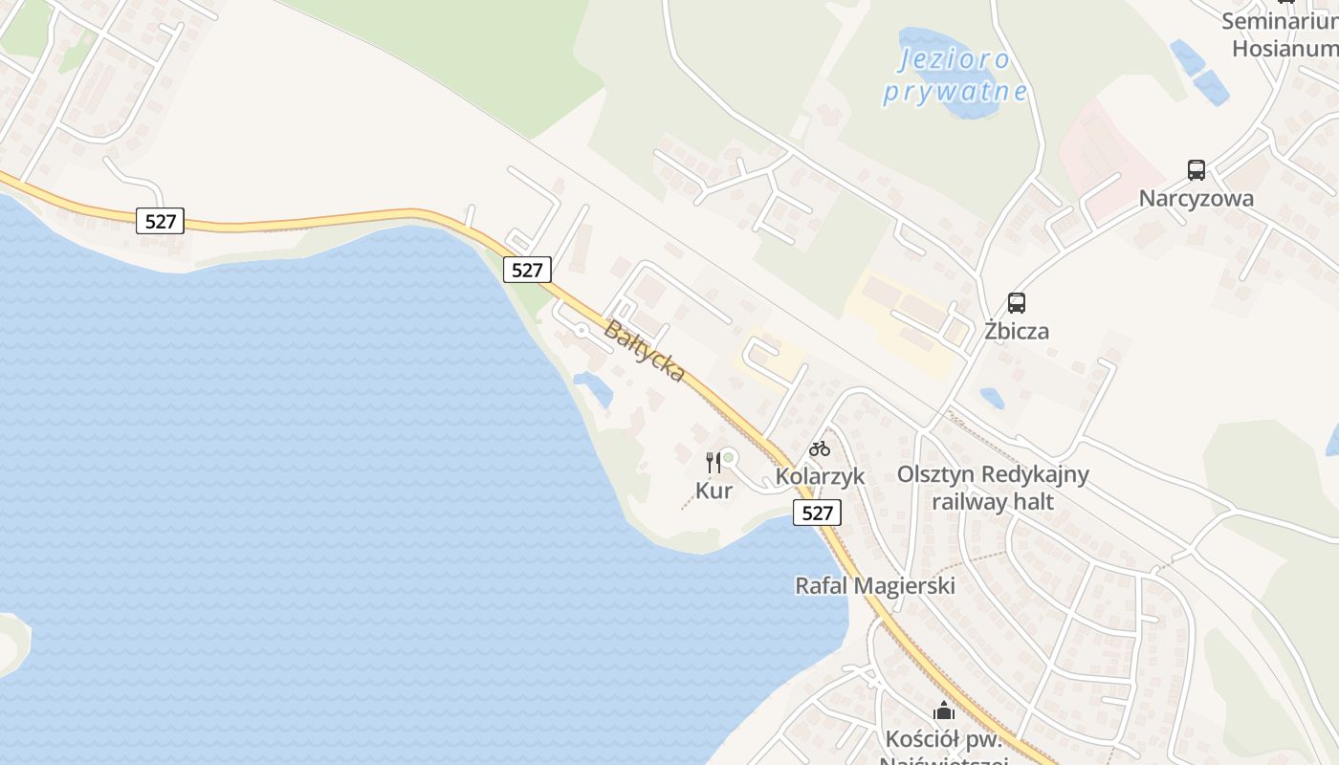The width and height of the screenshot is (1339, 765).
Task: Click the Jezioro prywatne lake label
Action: tap(955, 76)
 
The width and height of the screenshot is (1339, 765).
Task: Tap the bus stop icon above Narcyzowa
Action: tap(1196, 170)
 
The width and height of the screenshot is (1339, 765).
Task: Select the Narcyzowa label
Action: tap(1196, 199)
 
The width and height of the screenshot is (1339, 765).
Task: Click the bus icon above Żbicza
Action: tap(1017, 303)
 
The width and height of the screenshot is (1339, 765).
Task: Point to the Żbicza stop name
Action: tap(1017, 331)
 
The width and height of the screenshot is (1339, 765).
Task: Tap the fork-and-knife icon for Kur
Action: tap(713, 463)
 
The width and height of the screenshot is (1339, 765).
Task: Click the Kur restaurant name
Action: tap(713, 491)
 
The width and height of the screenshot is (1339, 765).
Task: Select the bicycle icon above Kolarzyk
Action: tap(820, 448)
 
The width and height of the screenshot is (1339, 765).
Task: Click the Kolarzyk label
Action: tap(820, 475)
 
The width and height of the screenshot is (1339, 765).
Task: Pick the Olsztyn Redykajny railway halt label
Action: tap(993, 487)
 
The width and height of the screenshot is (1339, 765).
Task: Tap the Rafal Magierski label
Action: tap(875, 585)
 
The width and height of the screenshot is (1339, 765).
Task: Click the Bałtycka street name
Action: tap(645, 351)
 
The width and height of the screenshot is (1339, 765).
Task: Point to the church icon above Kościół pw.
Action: tap(944, 710)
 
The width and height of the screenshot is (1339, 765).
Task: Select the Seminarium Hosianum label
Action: tap(1282, 34)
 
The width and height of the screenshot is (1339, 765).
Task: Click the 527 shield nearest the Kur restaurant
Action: tap(817, 513)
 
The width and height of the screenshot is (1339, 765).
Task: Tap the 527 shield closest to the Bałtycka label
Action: tap(526, 270)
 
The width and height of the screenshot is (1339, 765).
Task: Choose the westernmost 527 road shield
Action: tap(160, 222)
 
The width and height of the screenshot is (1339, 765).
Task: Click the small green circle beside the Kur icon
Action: tap(729, 458)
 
